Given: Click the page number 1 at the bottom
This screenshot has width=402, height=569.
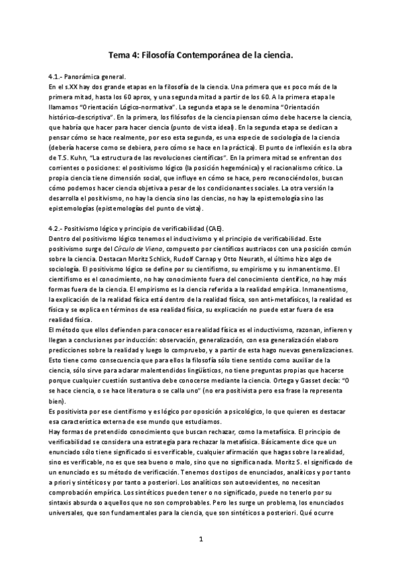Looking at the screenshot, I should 200,538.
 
